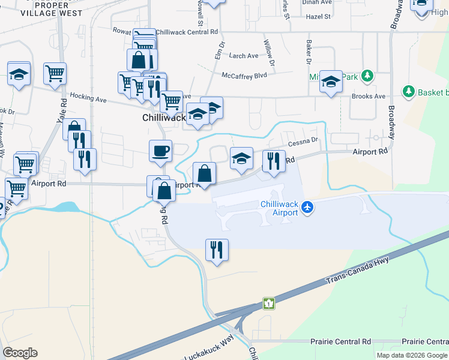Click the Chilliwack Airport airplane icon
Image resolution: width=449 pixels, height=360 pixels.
click(308, 207)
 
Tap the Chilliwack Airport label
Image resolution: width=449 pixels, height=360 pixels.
click(280, 208)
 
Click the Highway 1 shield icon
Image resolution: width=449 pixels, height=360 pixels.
click(270, 304)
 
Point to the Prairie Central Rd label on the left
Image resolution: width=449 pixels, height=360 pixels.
click(341, 341)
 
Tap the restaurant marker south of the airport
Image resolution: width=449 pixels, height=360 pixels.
click(217, 249)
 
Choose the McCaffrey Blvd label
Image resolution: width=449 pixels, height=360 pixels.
click(243, 76)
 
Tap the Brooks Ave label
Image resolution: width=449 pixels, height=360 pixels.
click(369, 96)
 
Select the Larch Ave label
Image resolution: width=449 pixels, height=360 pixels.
click(244, 56)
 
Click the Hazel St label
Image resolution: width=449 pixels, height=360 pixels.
click(319, 17)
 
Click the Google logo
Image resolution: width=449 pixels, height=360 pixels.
click(20, 353)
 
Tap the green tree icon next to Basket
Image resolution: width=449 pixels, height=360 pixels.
click(409, 92)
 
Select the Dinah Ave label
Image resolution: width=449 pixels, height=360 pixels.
click(318, 2)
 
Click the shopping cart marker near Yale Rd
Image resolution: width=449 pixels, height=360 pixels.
click(55, 74)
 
